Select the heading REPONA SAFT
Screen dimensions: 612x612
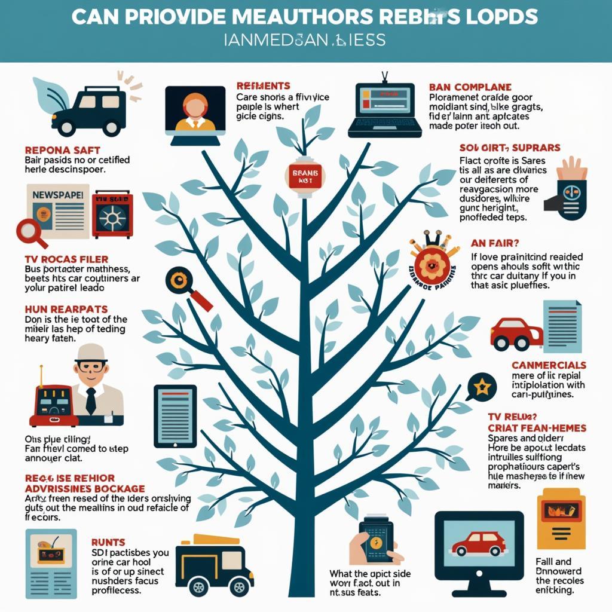pos(62,149)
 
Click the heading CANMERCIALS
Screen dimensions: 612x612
pos(549,365)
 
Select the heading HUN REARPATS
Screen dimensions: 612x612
pos(66,309)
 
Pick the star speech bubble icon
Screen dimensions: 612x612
pos(482,387)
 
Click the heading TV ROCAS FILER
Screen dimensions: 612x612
pos(66,259)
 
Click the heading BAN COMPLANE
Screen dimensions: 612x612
pos(470,87)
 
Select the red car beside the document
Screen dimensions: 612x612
pos(516,333)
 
